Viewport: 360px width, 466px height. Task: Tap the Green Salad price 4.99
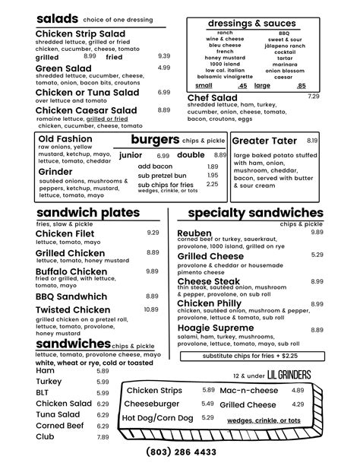164,68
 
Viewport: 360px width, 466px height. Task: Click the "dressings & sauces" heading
252,24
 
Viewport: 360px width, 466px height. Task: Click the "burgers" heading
155,140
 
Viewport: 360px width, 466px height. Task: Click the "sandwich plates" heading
88,213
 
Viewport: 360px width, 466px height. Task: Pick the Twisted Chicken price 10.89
151,309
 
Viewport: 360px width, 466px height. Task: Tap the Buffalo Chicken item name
71,271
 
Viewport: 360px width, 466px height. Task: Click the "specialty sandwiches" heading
255,213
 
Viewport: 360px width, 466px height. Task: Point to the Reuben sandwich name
194,233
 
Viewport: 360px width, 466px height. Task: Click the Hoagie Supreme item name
216,328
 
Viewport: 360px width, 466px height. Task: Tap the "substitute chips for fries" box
251,356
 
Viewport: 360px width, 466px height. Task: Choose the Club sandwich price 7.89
103,437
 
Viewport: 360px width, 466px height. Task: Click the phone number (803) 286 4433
179,451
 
